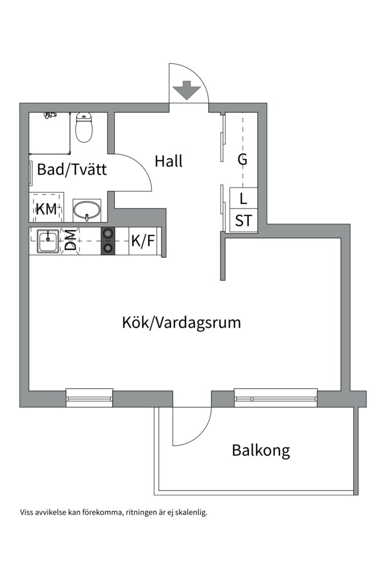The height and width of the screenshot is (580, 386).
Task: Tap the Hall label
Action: (169, 161)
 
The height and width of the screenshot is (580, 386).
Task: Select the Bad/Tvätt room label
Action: (72, 170)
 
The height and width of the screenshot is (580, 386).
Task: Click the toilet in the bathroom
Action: (84, 128)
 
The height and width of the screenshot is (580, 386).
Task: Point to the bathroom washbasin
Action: (86, 210)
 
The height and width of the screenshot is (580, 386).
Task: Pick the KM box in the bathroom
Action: (46, 209)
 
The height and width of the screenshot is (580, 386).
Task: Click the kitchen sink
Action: (49, 241)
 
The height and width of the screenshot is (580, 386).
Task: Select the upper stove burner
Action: (108, 234)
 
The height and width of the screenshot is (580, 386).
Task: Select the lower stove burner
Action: (108, 248)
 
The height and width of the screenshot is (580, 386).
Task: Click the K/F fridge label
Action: (143, 241)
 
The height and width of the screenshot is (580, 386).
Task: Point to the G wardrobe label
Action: (243, 160)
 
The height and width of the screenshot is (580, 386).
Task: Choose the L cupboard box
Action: (243, 199)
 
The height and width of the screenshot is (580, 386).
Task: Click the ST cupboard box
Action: (243, 221)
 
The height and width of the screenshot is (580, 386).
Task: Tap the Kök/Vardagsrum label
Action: (181, 323)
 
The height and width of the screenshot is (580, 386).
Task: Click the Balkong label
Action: (261, 450)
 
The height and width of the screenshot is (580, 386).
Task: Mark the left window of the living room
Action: (89, 398)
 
